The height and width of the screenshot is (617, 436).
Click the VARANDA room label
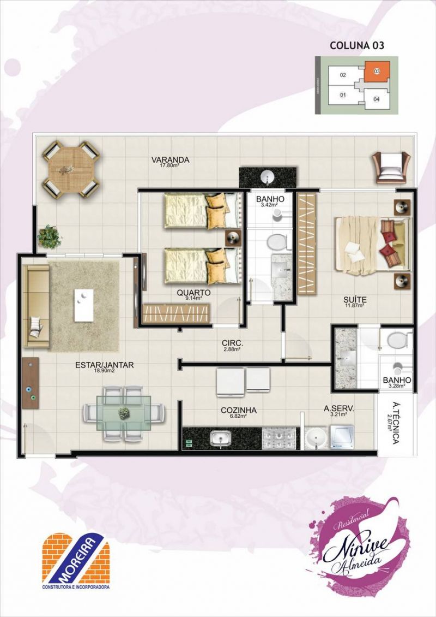point(171,160)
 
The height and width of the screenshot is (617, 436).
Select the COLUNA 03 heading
point(357,46)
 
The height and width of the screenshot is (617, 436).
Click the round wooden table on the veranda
point(71,169)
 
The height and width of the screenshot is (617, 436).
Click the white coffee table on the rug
point(84,305)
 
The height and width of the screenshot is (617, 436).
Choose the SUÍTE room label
point(355,299)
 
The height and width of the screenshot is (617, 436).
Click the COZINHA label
point(239,410)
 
